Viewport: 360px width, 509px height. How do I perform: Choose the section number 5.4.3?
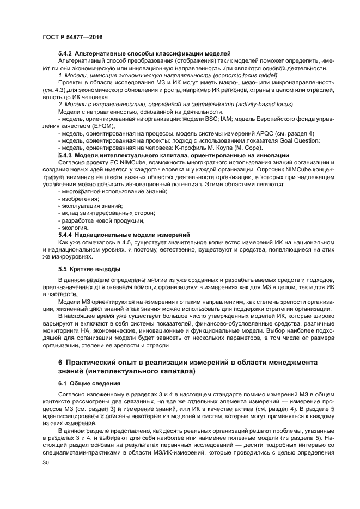(65, 155)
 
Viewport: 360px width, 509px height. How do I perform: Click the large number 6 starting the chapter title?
(60, 362)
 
